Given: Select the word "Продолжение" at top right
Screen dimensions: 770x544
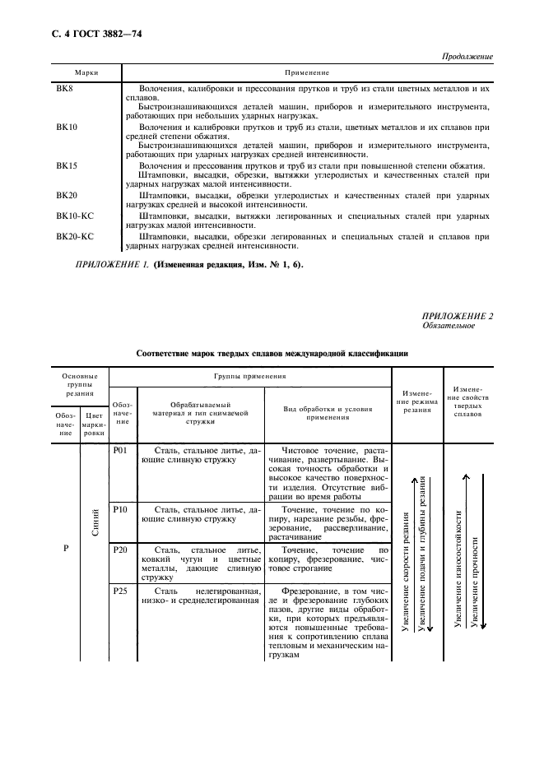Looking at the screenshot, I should (x=465, y=57).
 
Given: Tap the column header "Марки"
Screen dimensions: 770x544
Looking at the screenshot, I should (x=87, y=72).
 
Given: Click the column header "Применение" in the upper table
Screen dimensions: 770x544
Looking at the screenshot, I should (x=307, y=72).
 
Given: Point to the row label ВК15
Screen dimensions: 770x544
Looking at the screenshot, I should (x=67, y=165).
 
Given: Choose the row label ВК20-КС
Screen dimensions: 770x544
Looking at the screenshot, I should (x=75, y=236).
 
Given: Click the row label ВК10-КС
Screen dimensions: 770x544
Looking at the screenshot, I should (x=75, y=216).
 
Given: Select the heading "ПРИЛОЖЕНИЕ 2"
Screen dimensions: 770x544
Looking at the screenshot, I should (x=458, y=316).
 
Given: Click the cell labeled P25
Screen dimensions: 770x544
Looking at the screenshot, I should (x=120, y=591).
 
